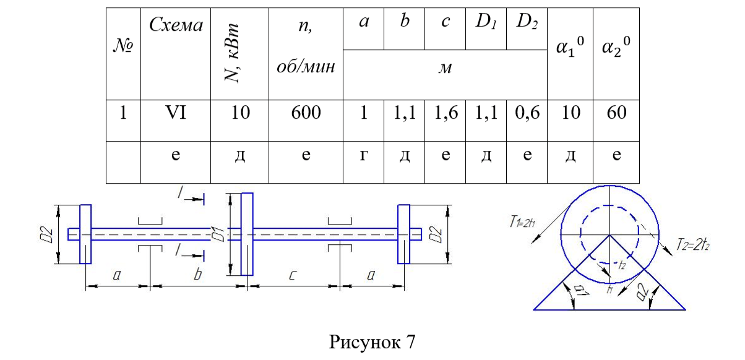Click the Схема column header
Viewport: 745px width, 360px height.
pos(176,25)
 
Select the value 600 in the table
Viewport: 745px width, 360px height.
pos(306,113)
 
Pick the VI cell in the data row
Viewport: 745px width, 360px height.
pos(176,113)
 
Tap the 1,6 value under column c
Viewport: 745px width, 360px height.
pos(446,113)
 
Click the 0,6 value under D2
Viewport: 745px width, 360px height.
pos(527,113)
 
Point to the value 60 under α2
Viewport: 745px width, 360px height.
pos(616,113)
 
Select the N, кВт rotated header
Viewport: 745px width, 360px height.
pos(232,53)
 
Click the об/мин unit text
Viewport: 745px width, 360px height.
pos(306,67)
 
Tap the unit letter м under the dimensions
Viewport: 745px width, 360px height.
pos(445,68)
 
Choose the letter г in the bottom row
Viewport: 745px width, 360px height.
pos(363,155)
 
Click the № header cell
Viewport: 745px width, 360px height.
pos(123,45)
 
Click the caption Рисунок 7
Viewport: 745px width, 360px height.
pos(372,341)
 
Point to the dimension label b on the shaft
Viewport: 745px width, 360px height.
pos(198,275)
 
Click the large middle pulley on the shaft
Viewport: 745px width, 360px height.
pos(247,234)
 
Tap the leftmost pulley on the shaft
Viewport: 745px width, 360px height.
pos(85,234)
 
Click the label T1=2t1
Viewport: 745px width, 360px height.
pos(522,221)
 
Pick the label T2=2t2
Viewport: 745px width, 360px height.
pos(693,245)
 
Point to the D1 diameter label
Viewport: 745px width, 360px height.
pos(218,234)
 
